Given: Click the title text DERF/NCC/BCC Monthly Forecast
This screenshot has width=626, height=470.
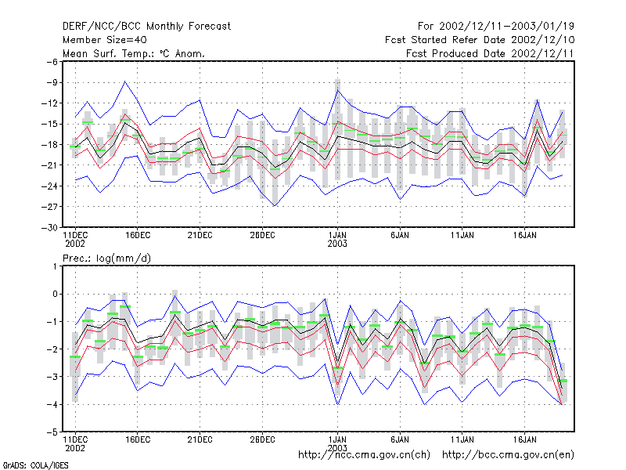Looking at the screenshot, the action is click(146, 27).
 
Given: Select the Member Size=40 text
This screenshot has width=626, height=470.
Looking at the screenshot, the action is click(105, 40).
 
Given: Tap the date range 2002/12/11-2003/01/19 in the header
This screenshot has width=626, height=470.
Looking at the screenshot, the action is click(506, 27).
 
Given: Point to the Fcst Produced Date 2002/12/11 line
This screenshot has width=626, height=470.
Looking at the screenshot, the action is click(490, 53).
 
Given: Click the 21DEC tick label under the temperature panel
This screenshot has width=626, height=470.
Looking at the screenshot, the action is click(200, 235).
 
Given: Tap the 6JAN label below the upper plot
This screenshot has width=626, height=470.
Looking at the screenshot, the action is click(400, 235).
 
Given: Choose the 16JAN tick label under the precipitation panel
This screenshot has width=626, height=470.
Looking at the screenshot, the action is click(524, 439).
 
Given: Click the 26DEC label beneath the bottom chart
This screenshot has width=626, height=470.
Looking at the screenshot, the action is click(262, 439).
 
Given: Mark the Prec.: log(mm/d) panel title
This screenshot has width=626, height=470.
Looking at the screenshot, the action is click(106, 258).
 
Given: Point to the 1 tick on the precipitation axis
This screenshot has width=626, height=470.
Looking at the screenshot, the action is click(55, 266).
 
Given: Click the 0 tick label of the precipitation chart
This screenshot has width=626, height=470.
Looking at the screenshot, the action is click(55, 295).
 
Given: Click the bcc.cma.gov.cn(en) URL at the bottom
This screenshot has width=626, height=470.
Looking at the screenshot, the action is click(508, 455).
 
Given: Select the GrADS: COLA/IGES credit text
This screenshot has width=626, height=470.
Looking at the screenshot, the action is click(35, 465).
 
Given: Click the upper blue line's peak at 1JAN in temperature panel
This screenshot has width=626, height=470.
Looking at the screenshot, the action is click(338, 90).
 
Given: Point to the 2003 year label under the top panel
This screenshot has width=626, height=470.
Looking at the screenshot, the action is click(337, 244).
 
